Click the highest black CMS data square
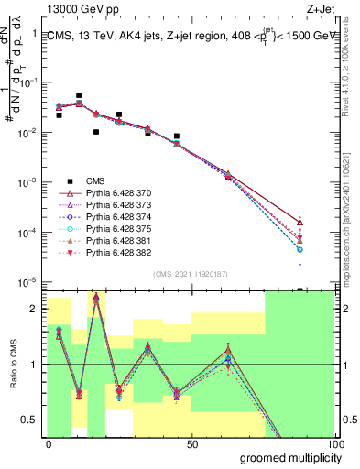click(79, 95)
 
